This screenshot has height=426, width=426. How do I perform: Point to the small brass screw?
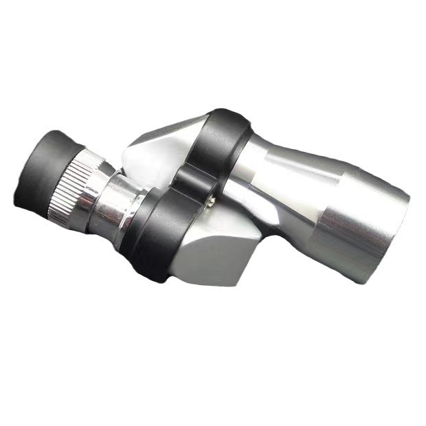(212, 200)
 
